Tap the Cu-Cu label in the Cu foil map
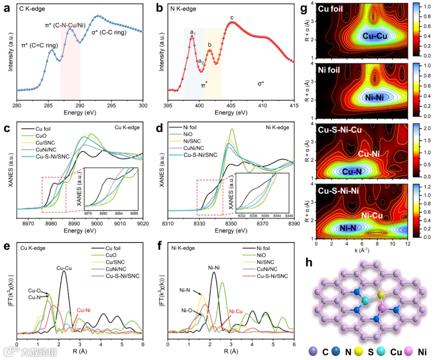[x=374, y=36]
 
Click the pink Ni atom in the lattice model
[x=381, y=309]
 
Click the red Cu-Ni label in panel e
[x=84, y=310]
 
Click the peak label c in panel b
[x=232, y=17]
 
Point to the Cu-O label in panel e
[x=34, y=290]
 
